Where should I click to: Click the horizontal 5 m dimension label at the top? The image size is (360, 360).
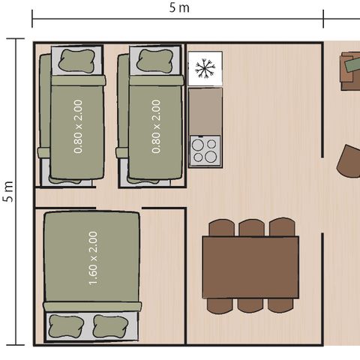pos(178,7)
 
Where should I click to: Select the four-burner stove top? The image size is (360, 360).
pos(205,151)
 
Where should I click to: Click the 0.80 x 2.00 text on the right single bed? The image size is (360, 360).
pos(156,127)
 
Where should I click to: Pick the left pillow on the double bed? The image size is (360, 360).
pos(66,325)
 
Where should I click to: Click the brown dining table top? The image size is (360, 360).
pos(250,267)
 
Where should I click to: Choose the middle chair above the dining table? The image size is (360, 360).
pos(250,227)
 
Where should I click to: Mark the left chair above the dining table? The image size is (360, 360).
pos(222,227)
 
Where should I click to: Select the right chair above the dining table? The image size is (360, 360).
pos(281,227)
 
